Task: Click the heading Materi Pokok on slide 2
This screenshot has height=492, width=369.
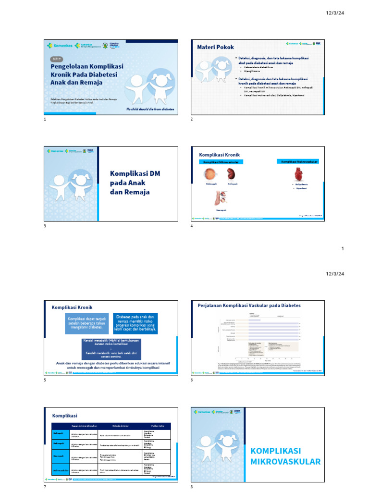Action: point(216,47)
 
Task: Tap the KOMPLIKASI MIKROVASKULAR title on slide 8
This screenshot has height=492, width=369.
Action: point(285,456)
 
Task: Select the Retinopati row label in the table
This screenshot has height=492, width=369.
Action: point(58,432)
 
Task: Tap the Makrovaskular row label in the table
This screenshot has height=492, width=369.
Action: point(60,470)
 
